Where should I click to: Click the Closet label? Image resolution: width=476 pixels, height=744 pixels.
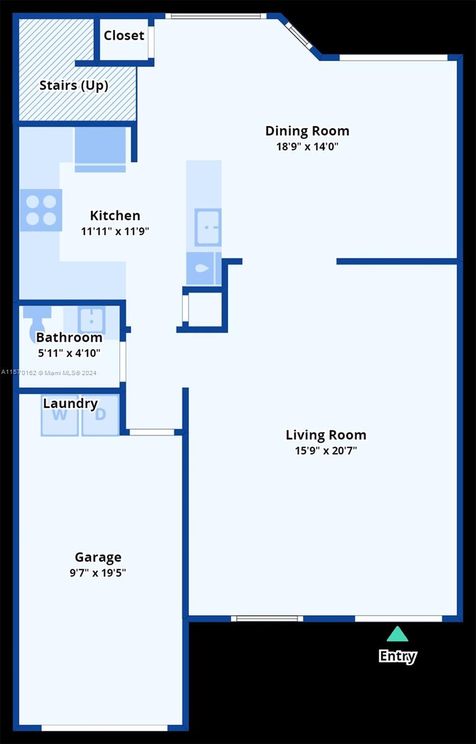(x=124, y=35)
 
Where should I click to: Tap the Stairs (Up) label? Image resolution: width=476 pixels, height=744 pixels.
(x=74, y=86)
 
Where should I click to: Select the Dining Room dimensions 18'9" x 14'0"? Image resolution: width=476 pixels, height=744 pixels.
(x=307, y=146)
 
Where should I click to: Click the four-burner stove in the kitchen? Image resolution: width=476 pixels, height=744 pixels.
(x=41, y=210)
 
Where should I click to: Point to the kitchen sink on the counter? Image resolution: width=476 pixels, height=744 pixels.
(x=208, y=228)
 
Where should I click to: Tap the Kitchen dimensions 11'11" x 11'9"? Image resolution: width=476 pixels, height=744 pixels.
(x=115, y=231)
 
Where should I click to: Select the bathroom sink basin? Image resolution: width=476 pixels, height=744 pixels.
(x=91, y=321)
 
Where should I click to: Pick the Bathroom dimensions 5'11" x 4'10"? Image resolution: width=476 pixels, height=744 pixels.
(x=69, y=353)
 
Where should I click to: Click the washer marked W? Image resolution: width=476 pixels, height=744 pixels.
(x=59, y=415)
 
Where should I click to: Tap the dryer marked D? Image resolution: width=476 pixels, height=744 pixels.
(x=100, y=415)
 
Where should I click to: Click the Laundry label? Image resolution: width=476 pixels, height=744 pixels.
(x=71, y=404)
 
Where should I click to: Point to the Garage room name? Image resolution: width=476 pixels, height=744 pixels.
(x=98, y=557)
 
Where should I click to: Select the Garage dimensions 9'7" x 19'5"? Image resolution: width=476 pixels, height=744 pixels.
(x=97, y=573)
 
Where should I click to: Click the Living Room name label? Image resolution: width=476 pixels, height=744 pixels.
(x=326, y=435)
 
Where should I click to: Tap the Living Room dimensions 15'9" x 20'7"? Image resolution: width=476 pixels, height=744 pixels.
(x=326, y=451)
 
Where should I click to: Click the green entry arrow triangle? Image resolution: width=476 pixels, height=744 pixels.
(x=397, y=634)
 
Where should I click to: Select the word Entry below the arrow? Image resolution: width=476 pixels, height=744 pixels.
(x=398, y=657)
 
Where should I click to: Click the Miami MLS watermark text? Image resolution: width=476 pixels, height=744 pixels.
(x=49, y=373)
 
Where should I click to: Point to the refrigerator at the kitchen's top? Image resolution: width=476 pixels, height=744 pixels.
(x=100, y=150)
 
